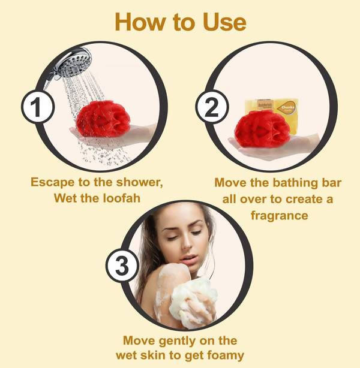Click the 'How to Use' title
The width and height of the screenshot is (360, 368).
click(180, 22)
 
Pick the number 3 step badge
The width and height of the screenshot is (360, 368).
click(122, 265)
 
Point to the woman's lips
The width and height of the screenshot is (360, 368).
click(187, 260)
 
